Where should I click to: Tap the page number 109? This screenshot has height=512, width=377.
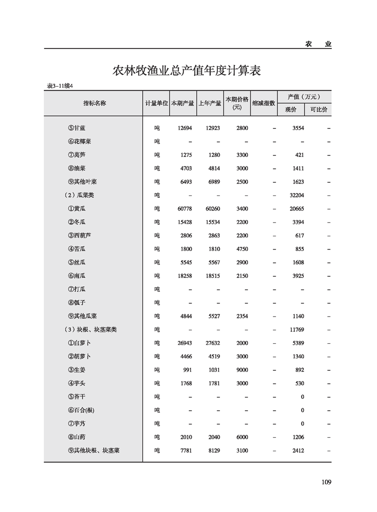[326, 482]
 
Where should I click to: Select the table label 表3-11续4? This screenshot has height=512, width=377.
[62, 86]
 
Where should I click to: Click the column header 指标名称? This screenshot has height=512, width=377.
[94, 103]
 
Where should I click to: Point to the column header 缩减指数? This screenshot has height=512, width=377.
[264, 103]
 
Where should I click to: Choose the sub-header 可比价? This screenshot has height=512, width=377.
[318, 109]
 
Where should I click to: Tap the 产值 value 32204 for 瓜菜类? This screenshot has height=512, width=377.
[297, 195]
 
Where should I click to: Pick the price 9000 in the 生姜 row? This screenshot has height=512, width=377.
[242, 370]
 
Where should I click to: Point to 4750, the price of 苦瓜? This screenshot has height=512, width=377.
[242, 249]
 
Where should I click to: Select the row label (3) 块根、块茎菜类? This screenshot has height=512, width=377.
[90, 329]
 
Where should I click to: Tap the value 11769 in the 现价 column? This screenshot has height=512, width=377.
[297, 329]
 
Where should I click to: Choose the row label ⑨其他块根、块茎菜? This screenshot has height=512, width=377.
[94, 450]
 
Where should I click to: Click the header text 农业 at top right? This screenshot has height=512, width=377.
[318, 44]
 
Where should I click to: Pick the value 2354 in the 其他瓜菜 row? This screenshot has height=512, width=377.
[242, 316]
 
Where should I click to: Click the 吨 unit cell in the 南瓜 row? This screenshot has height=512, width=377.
[157, 276]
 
